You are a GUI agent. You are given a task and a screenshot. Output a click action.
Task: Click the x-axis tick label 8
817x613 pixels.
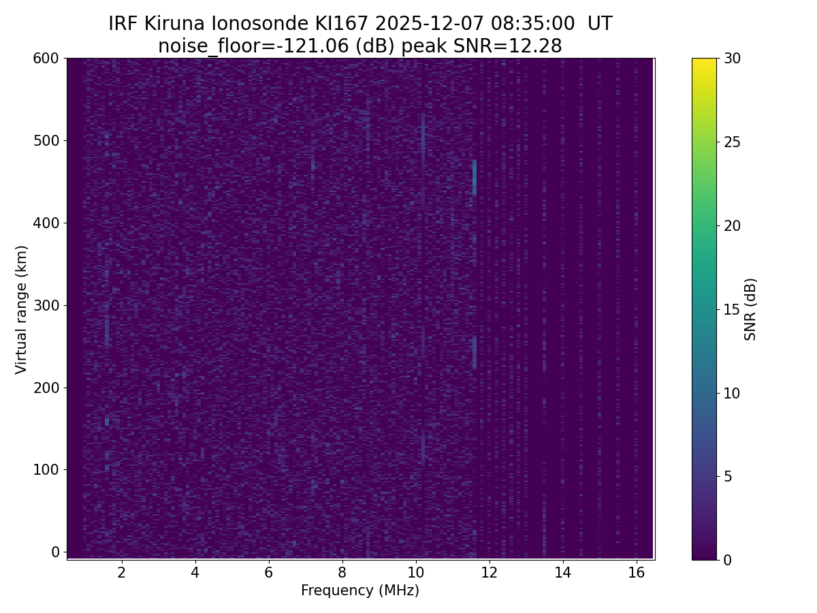342,572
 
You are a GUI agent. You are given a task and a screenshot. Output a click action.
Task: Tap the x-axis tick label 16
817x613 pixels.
636,572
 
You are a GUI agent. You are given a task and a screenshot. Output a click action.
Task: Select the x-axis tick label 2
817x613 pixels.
122,572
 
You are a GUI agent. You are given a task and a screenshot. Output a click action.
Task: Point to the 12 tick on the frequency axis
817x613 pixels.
489,572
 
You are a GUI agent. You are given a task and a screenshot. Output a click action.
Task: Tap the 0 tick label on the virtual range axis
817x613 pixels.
55,552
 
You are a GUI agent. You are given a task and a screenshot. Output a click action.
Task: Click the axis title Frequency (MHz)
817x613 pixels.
360,591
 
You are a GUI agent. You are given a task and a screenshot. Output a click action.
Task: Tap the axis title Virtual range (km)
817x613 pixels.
22,309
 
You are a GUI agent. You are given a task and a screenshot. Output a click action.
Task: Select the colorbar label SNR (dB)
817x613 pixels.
750,309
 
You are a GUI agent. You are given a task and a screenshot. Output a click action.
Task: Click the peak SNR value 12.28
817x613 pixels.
539,46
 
